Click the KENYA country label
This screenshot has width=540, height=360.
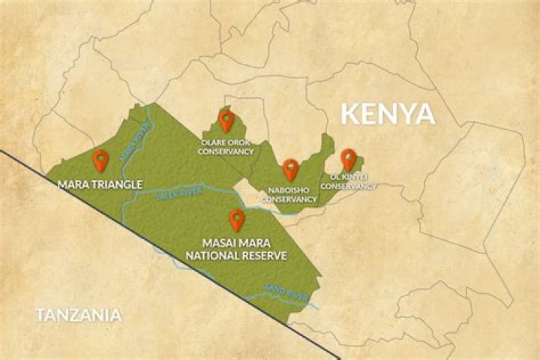(388, 114)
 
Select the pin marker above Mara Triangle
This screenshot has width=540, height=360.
(100, 160)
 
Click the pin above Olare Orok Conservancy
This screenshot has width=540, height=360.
(226, 120)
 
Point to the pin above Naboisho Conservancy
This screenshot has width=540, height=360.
(290, 169)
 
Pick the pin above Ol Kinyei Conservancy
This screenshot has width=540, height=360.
(348, 159)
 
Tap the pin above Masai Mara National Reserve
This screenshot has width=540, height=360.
(237, 219)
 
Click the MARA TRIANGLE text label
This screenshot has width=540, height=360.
(100, 182)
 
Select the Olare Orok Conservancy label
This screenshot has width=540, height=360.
(226, 146)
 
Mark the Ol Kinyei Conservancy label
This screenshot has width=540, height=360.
(348, 181)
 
